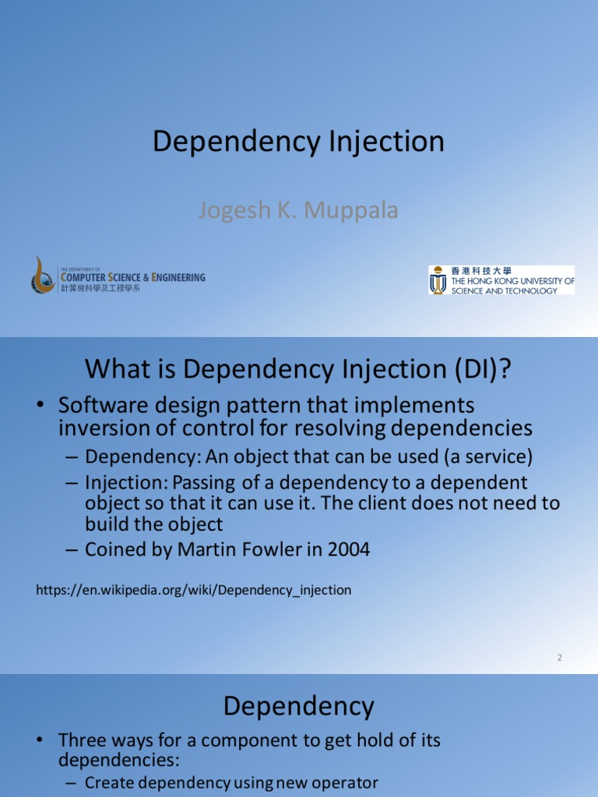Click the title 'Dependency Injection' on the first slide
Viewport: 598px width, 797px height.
[x=298, y=142]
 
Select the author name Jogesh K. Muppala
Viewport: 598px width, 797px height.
[x=298, y=211]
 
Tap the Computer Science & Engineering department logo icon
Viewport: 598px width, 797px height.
[x=43, y=275]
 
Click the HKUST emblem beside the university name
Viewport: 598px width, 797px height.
[x=438, y=280]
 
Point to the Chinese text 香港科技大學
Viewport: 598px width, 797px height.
[x=481, y=271]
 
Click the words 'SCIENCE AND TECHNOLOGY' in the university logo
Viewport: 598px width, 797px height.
[x=504, y=291]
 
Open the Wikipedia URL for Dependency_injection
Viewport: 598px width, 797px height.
[x=193, y=590]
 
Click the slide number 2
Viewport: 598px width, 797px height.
[x=559, y=658]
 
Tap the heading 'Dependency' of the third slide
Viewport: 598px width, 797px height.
[x=298, y=707]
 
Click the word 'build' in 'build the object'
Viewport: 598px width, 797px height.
[x=105, y=524]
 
